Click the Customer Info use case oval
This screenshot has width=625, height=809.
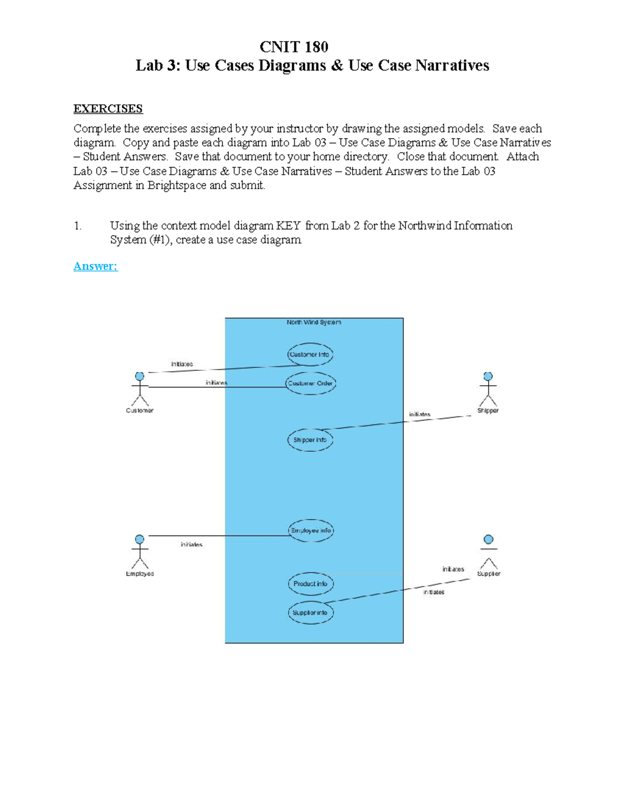point(310,354)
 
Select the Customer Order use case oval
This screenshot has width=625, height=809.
point(310,383)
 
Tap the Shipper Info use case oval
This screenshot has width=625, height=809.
point(310,440)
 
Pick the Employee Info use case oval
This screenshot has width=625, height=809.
point(311,531)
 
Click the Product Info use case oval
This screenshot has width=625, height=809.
point(310,584)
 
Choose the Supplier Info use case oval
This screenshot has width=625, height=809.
point(310,613)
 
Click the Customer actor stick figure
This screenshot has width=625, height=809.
point(140,389)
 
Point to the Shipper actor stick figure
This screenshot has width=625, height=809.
point(488,389)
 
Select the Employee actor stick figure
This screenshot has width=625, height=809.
point(140,552)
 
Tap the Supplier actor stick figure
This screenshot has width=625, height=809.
point(488,552)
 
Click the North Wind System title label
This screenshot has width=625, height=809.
point(314,322)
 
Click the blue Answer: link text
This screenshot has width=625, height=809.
point(95,266)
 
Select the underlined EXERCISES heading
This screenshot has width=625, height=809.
point(108,109)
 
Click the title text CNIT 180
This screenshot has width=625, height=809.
point(294,47)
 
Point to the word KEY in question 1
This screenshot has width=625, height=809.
point(288,226)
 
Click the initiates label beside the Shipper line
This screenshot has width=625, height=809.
point(419,415)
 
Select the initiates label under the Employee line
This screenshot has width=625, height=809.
point(191,544)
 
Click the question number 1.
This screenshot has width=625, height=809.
point(77,226)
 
